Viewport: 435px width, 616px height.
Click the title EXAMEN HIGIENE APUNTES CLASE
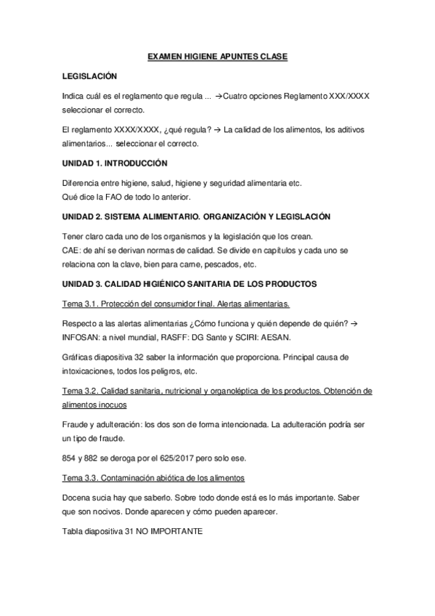click(218, 56)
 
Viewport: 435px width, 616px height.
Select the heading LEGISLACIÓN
click(89, 76)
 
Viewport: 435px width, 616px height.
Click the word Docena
click(78, 498)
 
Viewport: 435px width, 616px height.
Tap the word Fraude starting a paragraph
click(77, 423)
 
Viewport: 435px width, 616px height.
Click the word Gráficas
click(79, 357)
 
